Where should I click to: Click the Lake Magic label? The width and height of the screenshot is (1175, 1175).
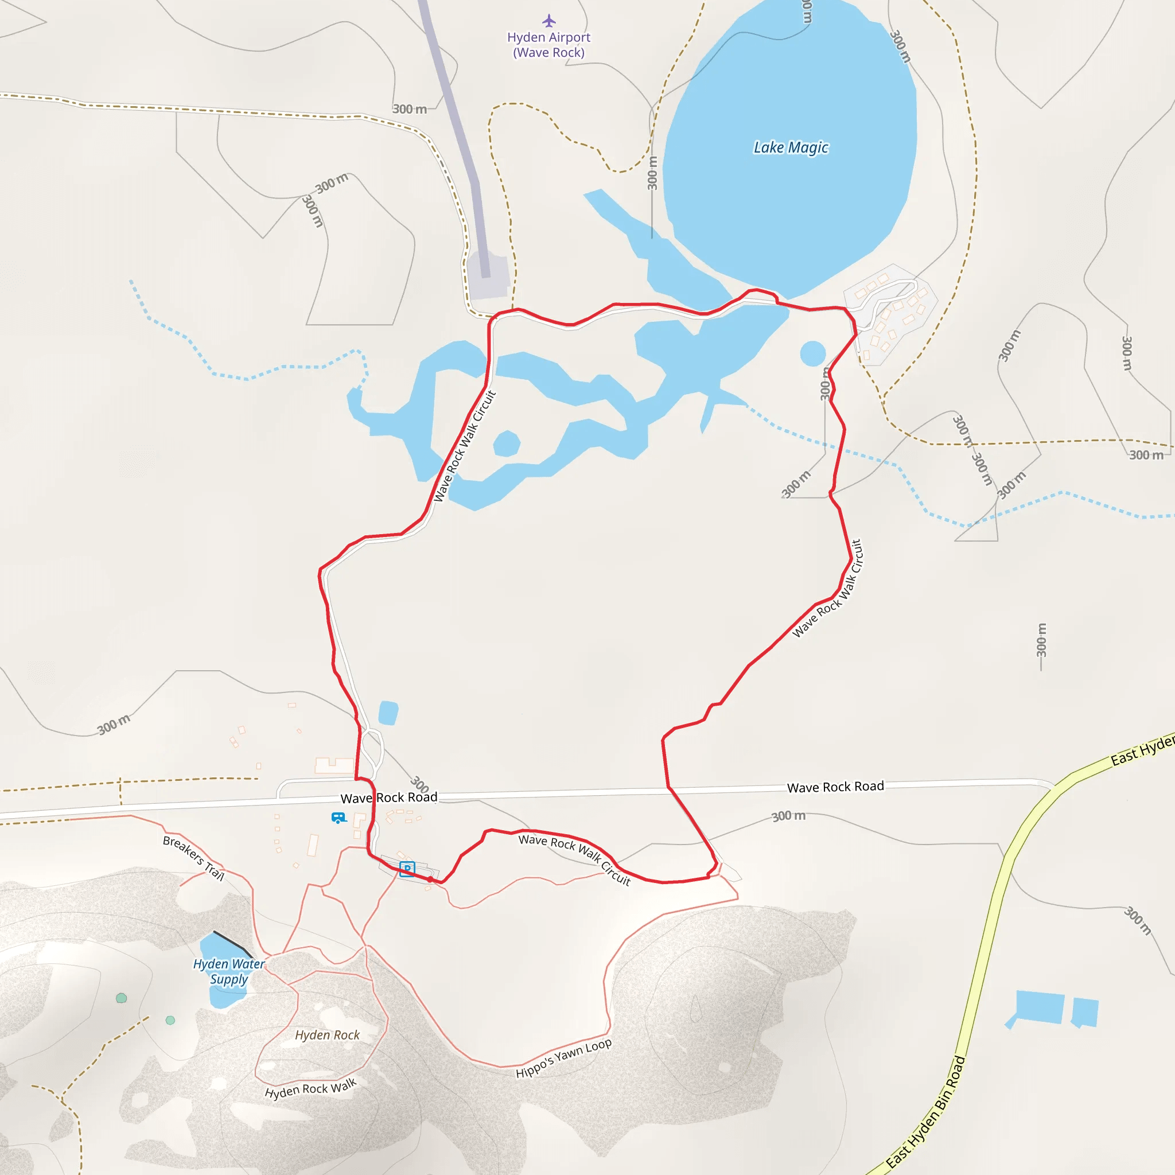click(x=791, y=148)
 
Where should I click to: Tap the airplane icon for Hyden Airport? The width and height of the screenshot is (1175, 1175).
click(x=549, y=21)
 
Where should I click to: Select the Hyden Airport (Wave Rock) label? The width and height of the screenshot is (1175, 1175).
click(x=549, y=45)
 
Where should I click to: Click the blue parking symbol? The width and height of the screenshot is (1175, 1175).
click(x=407, y=869)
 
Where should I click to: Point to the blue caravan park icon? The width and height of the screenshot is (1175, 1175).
click(x=338, y=818)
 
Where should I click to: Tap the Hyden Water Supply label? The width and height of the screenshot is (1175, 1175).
click(x=229, y=971)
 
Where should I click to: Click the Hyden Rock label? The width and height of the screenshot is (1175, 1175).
click(x=327, y=1035)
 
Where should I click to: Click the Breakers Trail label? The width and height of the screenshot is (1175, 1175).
click(x=193, y=858)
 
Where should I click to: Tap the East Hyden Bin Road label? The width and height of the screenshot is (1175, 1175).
click(x=925, y=1113)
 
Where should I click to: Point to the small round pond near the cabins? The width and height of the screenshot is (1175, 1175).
click(x=812, y=353)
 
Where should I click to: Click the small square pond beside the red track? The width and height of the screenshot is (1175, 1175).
click(x=388, y=713)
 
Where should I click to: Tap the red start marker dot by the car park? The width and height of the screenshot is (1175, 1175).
click(x=430, y=880)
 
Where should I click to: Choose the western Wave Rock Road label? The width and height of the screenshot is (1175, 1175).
click(x=388, y=797)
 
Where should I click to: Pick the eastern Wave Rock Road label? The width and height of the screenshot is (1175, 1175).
click(x=835, y=787)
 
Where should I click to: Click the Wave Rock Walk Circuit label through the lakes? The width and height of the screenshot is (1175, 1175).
click(x=465, y=446)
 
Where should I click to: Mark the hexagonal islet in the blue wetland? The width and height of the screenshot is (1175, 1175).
click(x=506, y=443)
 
